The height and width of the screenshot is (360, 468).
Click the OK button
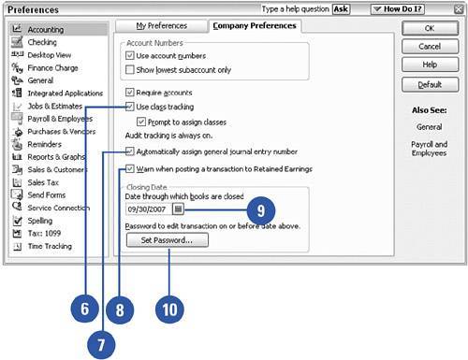point(430,28)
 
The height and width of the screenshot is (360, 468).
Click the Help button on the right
point(430,65)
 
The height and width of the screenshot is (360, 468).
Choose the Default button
point(430,84)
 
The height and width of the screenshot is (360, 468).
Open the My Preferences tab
point(161,25)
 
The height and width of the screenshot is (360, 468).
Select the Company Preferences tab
point(255,25)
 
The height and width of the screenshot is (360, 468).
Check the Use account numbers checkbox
point(129,55)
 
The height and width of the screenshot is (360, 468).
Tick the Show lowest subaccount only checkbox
point(129,69)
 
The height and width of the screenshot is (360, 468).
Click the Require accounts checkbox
point(129,93)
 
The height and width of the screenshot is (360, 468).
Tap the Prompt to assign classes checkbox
point(141,122)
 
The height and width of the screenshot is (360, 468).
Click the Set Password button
point(168,240)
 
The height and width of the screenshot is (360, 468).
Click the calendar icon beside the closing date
point(178,209)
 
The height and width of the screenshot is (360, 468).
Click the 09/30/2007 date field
point(149,209)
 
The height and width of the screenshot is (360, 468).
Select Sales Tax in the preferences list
point(43,182)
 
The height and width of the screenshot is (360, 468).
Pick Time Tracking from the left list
point(50,246)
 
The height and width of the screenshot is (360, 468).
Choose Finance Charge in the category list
point(52,67)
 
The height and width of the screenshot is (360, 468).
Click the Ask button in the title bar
point(341,9)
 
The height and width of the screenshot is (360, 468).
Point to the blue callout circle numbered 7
point(101,345)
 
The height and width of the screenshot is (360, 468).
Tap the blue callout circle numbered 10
point(169,310)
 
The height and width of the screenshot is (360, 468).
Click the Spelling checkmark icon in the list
point(18,221)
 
